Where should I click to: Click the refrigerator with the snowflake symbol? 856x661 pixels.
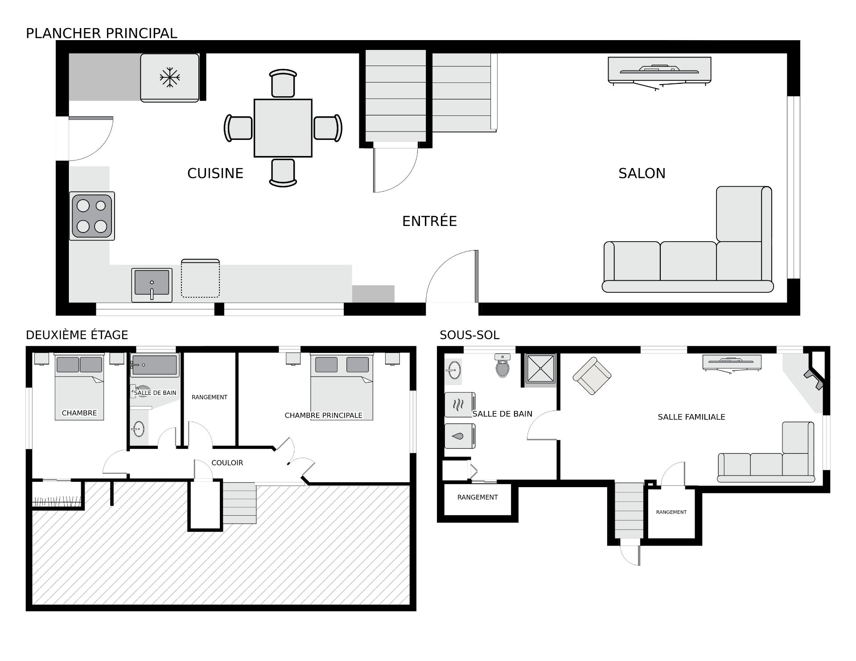pyautogui.click(x=170, y=78)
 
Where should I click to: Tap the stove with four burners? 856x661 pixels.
pyautogui.click(x=92, y=216)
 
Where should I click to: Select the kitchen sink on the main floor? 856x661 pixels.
pyautogui.click(x=152, y=285)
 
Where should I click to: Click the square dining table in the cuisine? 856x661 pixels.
pyautogui.click(x=283, y=128)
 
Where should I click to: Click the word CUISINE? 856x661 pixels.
pyautogui.click(x=215, y=173)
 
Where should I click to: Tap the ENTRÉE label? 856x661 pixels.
pyautogui.click(x=430, y=221)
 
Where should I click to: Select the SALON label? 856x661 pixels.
pyautogui.click(x=642, y=173)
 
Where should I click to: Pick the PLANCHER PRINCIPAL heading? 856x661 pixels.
pyautogui.click(x=102, y=33)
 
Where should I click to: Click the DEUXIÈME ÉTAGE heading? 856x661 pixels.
pyautogui.click(x=77, y=335)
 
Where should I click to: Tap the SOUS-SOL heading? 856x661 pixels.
pyautogui.click(x=469, y=335)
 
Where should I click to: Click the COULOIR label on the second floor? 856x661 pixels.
pyautogui.click(x=227, y=463)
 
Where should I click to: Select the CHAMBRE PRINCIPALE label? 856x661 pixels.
pyautogui.click(x=324, y=415)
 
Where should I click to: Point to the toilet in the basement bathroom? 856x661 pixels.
pyautogui.click(x=503, y=365)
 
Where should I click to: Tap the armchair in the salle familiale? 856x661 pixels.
pyautogui.click(x=592, y=376)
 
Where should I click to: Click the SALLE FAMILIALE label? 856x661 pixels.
pyautogui.click(x=691, y=417)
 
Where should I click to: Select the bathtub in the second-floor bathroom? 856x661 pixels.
pyautogui.click(x=155, y=365)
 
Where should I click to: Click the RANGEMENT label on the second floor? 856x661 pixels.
pyautogui.click(x=210, y=397)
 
